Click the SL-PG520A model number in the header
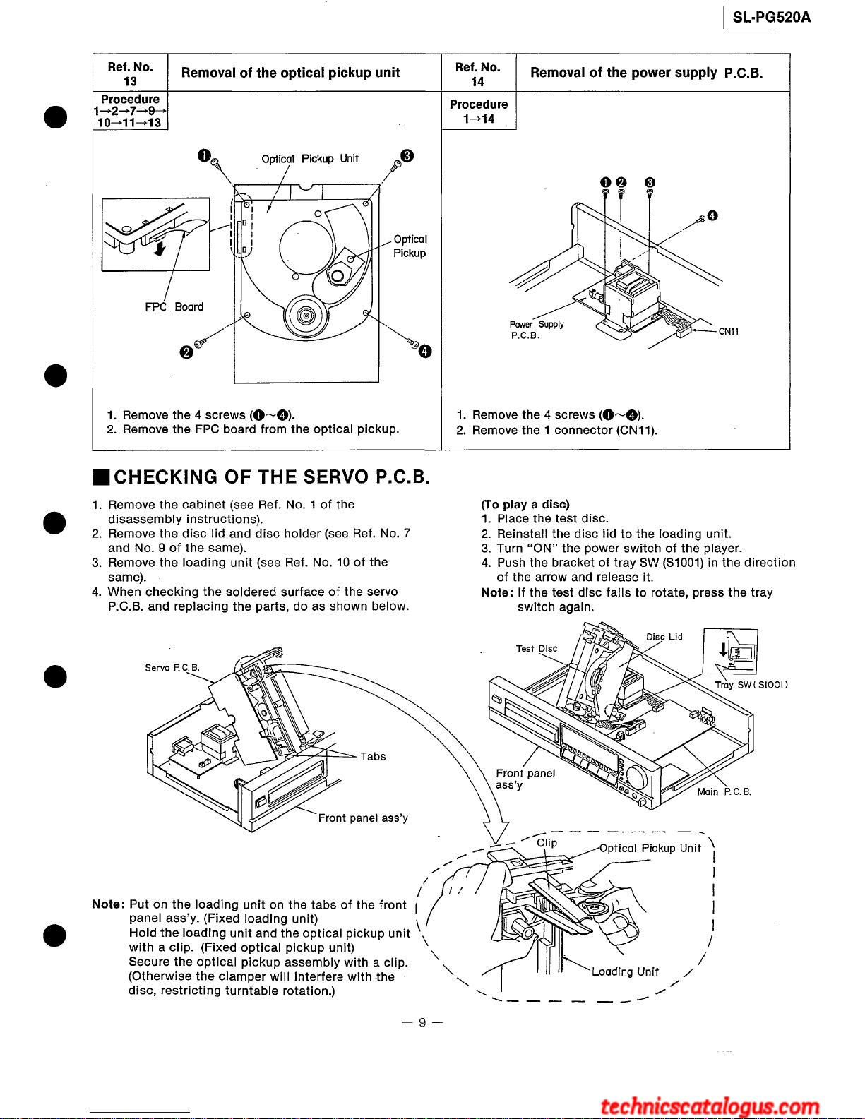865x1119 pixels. [771, 18]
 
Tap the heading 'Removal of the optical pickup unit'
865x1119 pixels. [290, 73]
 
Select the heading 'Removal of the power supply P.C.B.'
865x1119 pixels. [646, 73]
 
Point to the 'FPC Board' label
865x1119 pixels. [174, 307]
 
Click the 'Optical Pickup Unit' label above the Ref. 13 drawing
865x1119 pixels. [309, 159]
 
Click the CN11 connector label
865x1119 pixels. [728, 331]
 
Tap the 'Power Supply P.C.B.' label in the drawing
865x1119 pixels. [536, 330]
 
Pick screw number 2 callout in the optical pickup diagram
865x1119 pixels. [186, 352]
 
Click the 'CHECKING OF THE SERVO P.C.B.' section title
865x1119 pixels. [271, 477]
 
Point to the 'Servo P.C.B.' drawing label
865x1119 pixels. [172, 667]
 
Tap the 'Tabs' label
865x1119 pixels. [373, 757]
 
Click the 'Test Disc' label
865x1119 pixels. [536, 648]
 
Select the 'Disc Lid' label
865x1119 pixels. [664, 637]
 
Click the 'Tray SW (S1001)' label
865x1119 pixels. [751, 684]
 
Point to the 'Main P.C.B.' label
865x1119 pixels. [724, 791]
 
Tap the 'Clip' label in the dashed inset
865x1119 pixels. [547, 842]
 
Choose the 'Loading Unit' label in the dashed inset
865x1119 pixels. [625, 971]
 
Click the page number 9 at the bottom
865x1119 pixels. [422, 1022]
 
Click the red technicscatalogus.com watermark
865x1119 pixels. [710, 1106]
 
